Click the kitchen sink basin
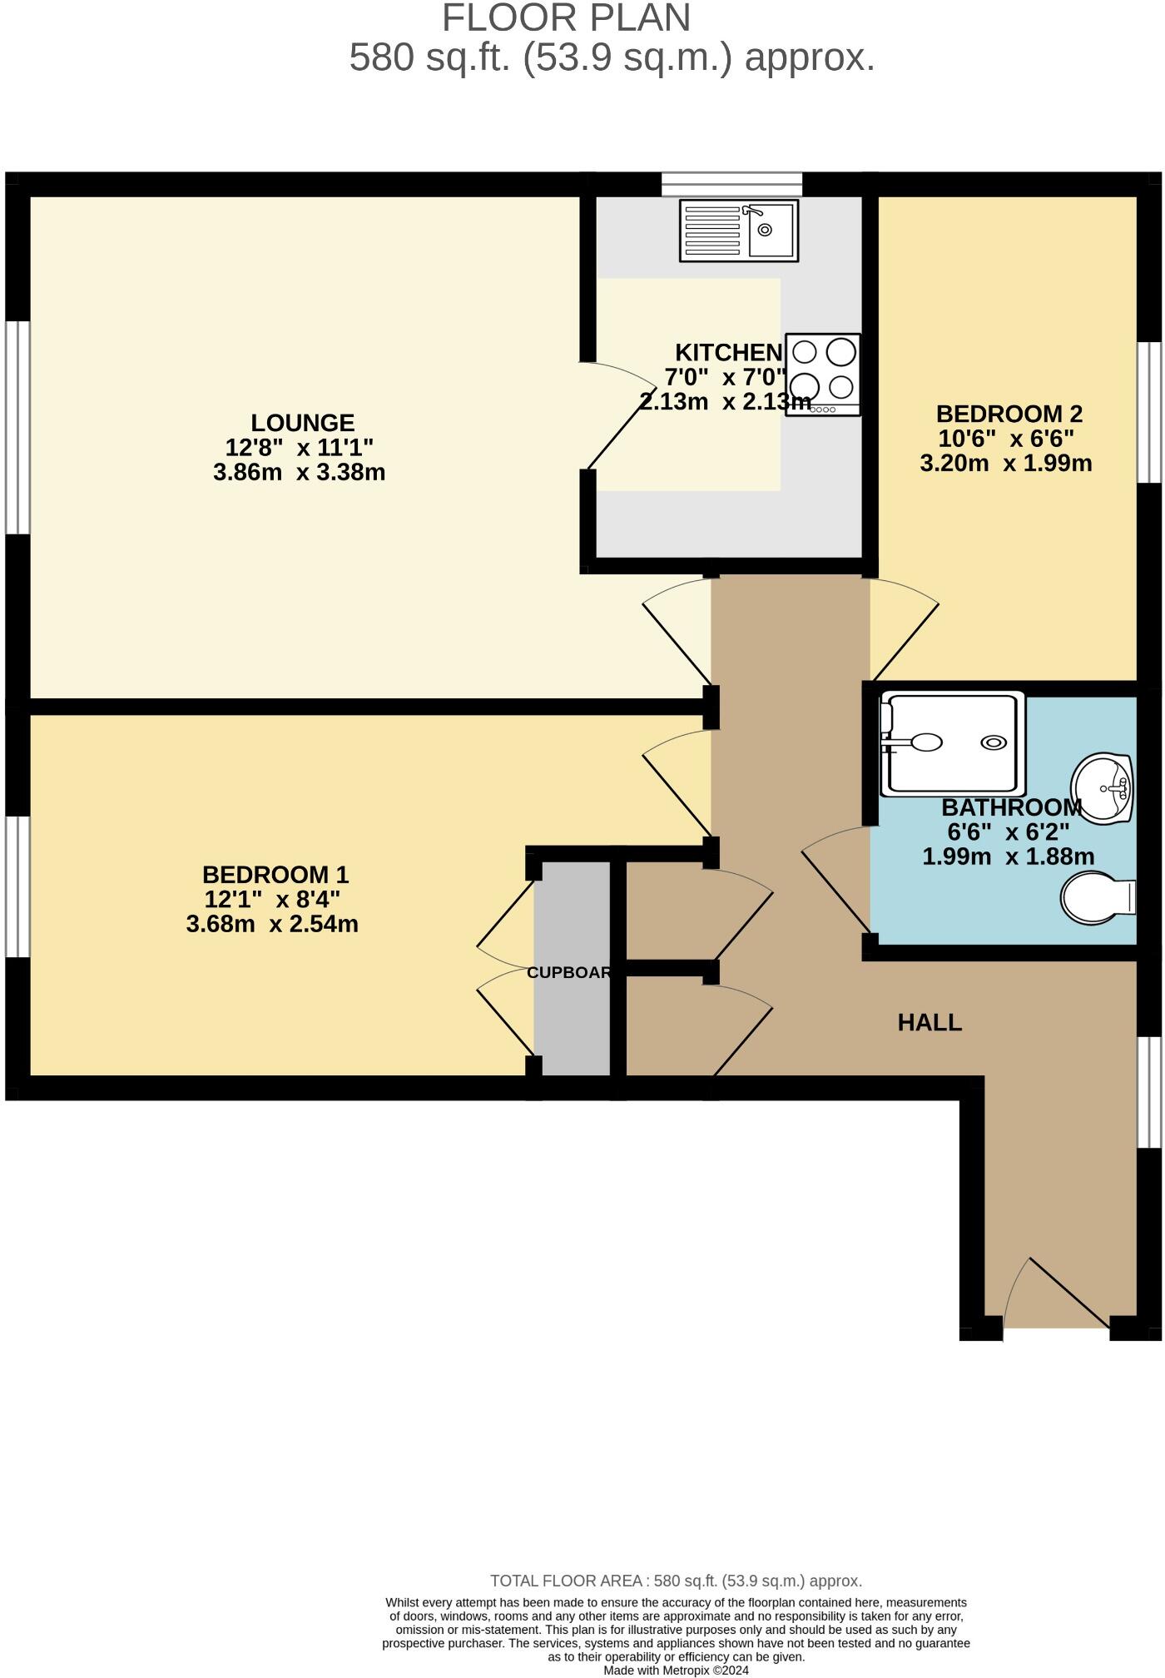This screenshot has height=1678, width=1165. tap(771, 230)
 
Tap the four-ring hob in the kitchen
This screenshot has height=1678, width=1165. tap(822, 375)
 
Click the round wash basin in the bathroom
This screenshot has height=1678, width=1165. tap(1103, 787)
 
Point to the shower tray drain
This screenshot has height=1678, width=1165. tap(994, 742)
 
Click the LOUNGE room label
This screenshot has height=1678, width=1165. tap(303, 423)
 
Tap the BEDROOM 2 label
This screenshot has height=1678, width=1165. tap(1009, 414)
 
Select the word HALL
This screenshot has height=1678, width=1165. tap(930, 1022)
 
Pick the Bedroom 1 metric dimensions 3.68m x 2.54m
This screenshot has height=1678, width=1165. tap(272, 924)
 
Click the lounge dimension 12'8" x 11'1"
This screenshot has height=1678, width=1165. tap(300, 448)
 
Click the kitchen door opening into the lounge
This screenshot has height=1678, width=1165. tap(616, 416)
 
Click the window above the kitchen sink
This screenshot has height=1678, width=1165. tap(731, 184)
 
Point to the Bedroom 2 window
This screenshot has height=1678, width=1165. tap(1149, 412)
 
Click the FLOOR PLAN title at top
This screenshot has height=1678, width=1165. tap(566, 18)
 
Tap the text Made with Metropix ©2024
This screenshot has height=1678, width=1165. tap(676, 1670)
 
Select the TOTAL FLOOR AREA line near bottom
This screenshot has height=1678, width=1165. tap(676, 1581)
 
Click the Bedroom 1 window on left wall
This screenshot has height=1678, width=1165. tap(17, 886)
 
